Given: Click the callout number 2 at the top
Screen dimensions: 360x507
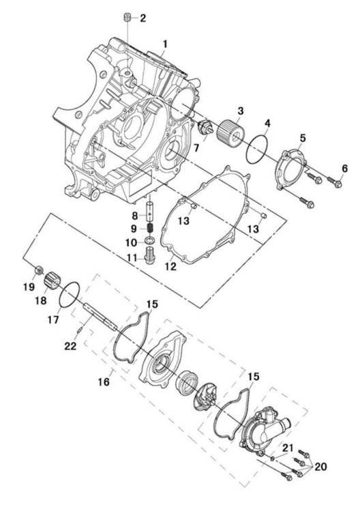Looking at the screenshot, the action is tap(142, 18).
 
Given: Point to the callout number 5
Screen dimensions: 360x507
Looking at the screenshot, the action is tap(302, 138).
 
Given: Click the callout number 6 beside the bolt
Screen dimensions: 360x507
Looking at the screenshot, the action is tap(345, 168).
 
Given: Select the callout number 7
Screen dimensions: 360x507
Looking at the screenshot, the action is tap(196, 148).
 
